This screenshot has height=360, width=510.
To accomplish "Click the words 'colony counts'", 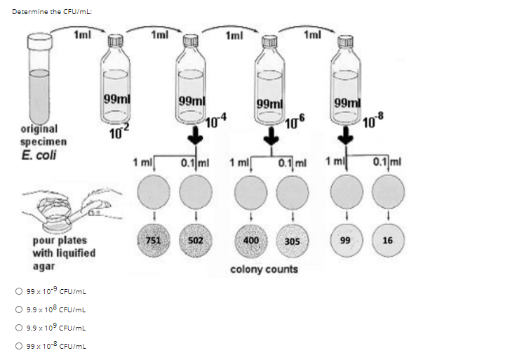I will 264,269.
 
